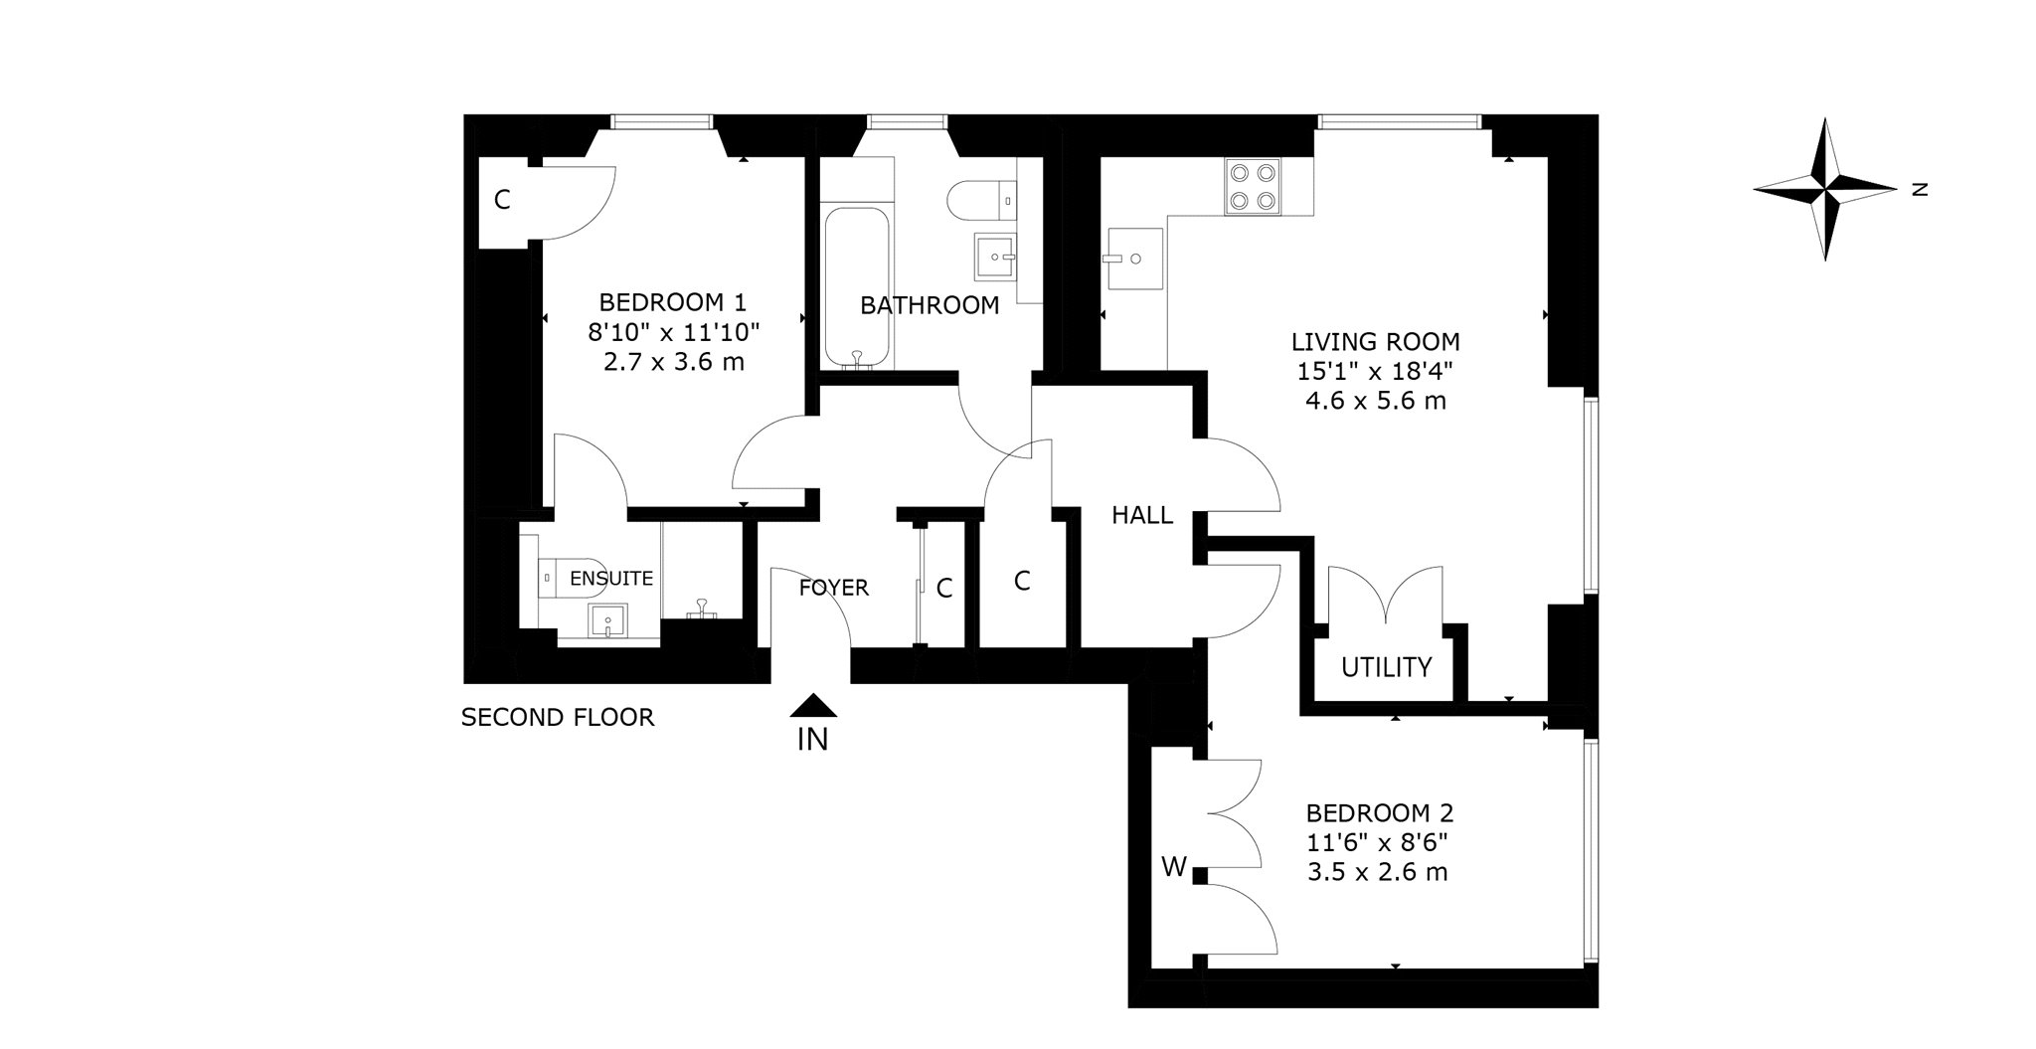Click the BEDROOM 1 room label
coord(672,302)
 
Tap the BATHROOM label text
coord(930,306)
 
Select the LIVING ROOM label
coord(1376,342)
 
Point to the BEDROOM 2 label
coord(1380,813)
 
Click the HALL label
coord(1142,515)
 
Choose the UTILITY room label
coord(1386,667)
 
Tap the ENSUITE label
coord(611,579)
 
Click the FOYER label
coord(834,588)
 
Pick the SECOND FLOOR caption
coord(558,717)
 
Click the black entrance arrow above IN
coord(813,705)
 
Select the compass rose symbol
coord(1825,188)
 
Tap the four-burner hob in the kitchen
coord(1253,187)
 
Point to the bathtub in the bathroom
coord(856,287)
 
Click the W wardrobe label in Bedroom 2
coord(1174,868)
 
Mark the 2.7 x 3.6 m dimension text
coord(673,362)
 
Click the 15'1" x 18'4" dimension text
coord(1376,372)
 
